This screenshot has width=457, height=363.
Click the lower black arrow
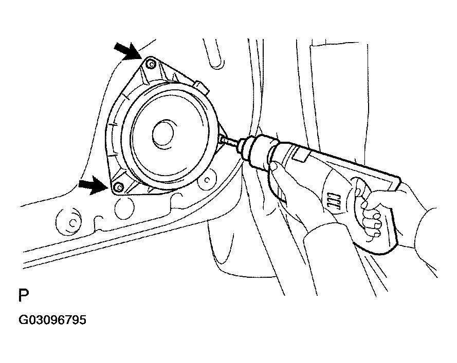(93, 185)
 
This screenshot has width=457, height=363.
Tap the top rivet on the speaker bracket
(151, 64)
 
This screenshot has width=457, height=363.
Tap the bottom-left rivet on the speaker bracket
(119, 186)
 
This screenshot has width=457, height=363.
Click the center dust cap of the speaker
(163, 133)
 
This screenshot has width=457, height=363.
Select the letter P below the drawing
(24, 295)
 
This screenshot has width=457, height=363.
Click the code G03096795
(52, 320)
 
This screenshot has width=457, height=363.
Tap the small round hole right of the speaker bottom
(207, 180)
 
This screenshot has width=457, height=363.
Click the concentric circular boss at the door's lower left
(69, 222)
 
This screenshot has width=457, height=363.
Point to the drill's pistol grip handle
(376, 218)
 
